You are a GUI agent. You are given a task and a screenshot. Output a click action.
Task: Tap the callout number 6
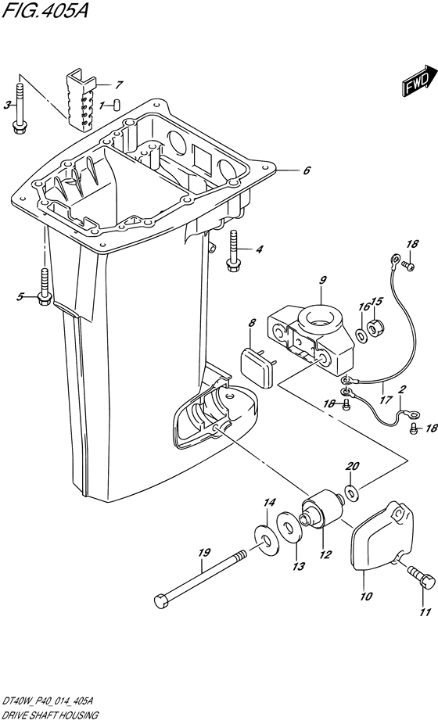point(307,170)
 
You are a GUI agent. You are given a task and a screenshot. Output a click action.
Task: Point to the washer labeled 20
point(352,493)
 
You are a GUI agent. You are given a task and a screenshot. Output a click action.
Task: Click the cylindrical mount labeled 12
point(321,511)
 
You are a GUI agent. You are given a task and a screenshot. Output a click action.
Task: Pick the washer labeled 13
point(289,527)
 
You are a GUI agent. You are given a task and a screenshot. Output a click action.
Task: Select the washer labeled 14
point(266,539)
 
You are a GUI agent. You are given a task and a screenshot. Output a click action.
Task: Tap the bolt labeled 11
point(422,577)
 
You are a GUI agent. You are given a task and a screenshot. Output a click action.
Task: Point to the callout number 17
point(386,400)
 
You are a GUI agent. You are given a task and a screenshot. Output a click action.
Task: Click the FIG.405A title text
point(45,10)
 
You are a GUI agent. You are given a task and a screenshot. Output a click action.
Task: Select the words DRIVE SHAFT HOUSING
point(49,715)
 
